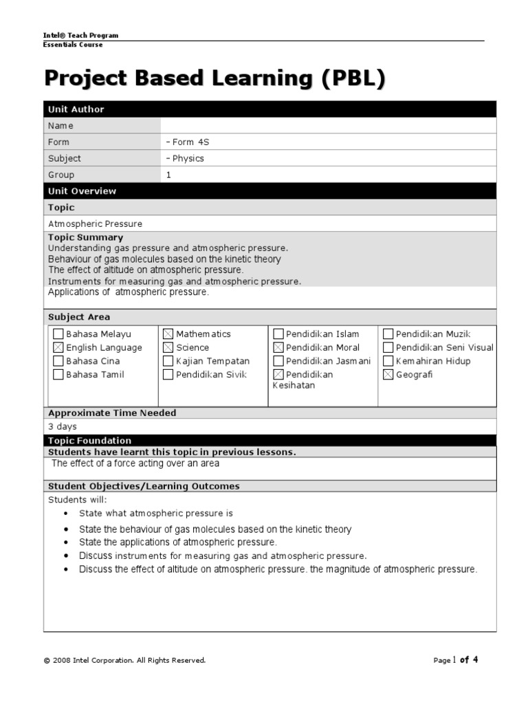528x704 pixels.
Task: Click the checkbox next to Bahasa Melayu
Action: pos(58,334)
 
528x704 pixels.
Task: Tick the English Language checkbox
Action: pos(58,348)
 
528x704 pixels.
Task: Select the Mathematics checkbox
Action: pos(168,334)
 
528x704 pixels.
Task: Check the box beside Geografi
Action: pos(388,375)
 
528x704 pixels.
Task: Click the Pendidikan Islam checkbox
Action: pos(278,334)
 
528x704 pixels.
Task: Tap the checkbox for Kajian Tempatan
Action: pos(168,361)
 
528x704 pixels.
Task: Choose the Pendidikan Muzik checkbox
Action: pos(388,334)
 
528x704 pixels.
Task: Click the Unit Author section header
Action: pos(76,109)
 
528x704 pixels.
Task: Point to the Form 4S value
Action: pos(188,142)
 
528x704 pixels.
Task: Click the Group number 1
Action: pos(168,175)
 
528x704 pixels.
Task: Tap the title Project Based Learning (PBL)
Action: pos(214,78)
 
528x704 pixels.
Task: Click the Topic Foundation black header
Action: pos(89,441)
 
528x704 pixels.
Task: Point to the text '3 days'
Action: pos(63,427)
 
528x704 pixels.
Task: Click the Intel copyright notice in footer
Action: pos(124,661)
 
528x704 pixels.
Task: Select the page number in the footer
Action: pos(455,660)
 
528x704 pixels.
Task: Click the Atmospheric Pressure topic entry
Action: pos(96,224)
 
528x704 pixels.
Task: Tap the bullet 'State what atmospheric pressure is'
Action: pos(156,514)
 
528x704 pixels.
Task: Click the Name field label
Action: pos(60,126)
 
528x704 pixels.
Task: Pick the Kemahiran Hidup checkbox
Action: pos(388,361)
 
